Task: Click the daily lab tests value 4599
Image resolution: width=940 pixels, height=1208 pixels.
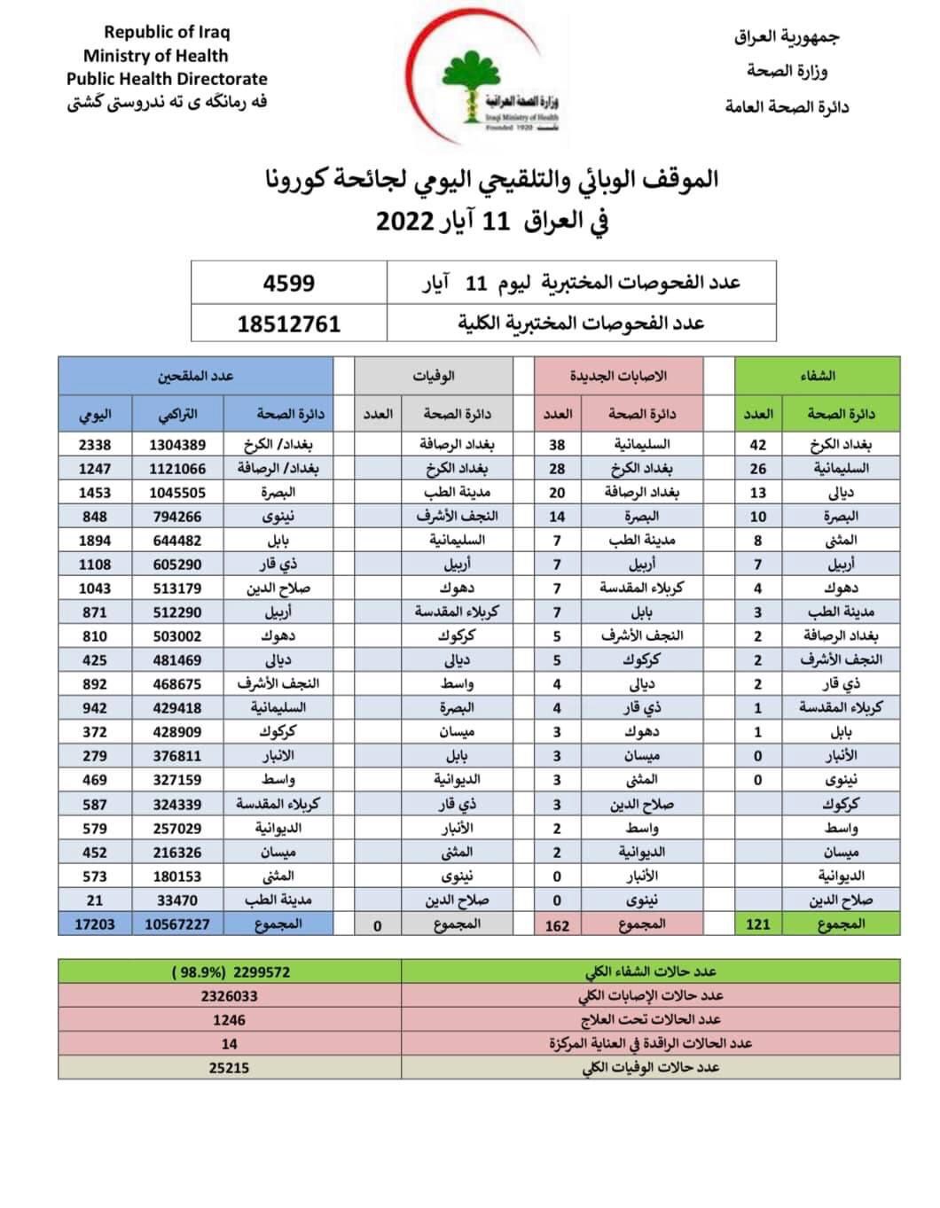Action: [288, 283]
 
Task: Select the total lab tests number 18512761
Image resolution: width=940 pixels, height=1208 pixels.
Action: [288, 323]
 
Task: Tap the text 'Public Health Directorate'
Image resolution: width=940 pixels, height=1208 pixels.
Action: [167, 79]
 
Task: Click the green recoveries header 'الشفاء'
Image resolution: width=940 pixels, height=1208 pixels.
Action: [817, 376]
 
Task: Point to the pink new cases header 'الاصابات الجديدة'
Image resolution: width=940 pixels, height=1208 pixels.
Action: [618, 376]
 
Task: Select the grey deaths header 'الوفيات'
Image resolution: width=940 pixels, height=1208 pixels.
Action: [433, 376]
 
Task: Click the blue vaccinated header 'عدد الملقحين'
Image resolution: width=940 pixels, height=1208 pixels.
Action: [195, 376]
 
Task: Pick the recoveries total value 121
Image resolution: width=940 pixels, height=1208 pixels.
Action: [758, 924]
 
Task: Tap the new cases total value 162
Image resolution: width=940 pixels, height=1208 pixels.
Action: [557, 925]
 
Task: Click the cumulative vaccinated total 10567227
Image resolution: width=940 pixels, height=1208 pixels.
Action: [177, 924]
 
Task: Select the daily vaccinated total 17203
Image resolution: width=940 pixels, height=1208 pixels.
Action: [95, 924]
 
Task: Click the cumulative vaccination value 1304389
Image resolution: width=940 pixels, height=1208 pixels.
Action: [177, 445]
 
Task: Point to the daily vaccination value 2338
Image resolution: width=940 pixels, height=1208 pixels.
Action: [95, 445]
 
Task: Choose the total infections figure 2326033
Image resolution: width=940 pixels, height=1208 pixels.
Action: [229, 996]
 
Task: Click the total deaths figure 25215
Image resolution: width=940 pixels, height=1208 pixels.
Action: [229, 1068]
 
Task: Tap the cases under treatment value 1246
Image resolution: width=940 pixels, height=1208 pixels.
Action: [229, 1020]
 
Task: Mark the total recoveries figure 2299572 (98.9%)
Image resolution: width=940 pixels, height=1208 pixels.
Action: [231, 972]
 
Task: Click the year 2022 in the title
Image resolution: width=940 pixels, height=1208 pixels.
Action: [404, 221]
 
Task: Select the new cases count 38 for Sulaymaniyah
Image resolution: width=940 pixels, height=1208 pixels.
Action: [557, 445]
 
